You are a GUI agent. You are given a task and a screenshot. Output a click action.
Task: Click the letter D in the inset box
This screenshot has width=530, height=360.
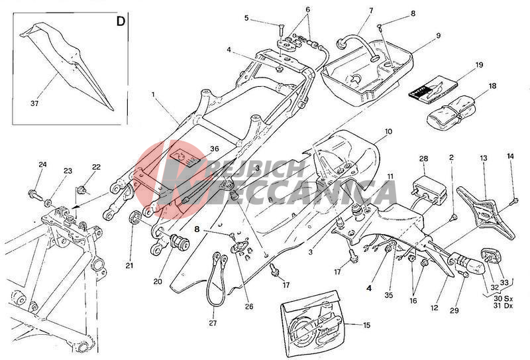pyautogui.click(x=121, y=21)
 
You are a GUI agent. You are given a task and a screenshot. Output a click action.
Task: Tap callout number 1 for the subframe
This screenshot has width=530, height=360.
pyautogui.click(x=153, y=95)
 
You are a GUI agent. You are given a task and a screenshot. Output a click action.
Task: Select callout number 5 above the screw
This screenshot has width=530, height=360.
pyautogui.click(x=246, y=18)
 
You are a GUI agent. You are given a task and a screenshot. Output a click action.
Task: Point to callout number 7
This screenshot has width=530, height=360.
pyautogui.click(x=370, y=11)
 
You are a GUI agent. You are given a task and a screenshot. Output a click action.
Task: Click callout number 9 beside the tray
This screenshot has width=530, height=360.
pyautogui.click(x=438, y=34)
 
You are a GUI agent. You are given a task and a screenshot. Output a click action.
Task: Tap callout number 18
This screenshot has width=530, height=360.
pyautogui.click(x=492, y=86)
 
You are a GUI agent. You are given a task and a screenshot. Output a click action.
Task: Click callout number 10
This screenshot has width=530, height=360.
pyautogui.click(x=388, y=132)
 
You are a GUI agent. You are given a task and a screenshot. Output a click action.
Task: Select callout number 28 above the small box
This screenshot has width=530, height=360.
pyautogui.click(x=424, y=158)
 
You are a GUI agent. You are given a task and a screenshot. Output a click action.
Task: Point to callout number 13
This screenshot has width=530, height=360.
pyautogui.click(x=484, y=159)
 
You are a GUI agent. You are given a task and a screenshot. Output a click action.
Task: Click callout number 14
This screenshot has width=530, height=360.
pyautogui.click(x=510, y=156)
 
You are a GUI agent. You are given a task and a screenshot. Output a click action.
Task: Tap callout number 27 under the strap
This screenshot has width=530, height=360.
pyautogui.click(x=213, y=323)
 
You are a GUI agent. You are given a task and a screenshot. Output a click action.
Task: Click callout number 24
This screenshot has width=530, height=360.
pyautogui.click(x=42, y=164)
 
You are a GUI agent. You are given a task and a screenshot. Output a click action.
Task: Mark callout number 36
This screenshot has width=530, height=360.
pyautogui.click(x=214, y=149)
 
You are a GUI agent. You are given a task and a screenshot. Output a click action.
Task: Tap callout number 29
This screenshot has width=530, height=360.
pyautogui.click(x=454, y=311)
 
